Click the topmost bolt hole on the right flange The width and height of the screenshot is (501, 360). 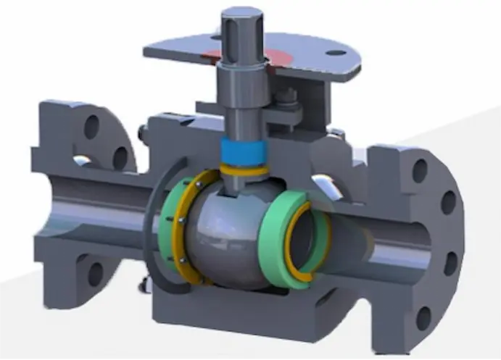419,172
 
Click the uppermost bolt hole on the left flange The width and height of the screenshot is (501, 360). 91,127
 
